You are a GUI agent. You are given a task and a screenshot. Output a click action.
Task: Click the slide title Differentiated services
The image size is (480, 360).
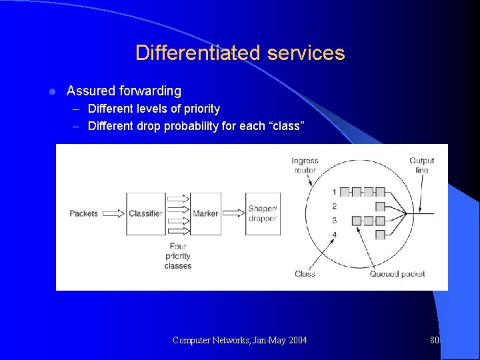coord(240,53)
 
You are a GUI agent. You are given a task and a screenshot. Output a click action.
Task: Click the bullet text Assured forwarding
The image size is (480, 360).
coord(124,91)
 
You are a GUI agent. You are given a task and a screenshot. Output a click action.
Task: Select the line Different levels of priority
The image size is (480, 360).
coord(153,109)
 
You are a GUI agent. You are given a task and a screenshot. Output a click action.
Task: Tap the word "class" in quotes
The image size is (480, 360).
coord(287,126)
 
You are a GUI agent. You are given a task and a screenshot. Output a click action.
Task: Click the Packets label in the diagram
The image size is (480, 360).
coord(83,213)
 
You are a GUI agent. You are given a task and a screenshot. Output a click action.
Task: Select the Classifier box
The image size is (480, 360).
coord(145,213)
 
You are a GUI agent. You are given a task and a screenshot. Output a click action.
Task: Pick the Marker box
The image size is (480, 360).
coord(205,213)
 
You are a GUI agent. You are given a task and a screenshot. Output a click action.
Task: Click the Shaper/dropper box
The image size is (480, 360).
coord(262,213)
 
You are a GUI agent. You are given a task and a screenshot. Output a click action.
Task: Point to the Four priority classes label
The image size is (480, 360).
coord(177,256)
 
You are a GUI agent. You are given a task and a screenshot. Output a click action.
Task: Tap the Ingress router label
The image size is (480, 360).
coord(305,165)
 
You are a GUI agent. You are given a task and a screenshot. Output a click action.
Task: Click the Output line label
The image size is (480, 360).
coord(421,165)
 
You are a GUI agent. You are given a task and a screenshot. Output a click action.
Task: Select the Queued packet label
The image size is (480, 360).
coord(397,273)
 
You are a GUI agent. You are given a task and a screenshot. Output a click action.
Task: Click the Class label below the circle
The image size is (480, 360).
coord(305,273)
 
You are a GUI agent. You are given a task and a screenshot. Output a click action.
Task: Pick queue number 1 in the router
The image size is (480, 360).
coord(334,192)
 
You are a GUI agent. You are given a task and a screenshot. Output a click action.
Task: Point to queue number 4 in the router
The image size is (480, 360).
coord(334,235)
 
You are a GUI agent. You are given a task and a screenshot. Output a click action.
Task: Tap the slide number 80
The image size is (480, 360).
coord(435,340)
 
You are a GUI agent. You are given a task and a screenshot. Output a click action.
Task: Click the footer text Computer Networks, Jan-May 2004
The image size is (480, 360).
coord(240,340)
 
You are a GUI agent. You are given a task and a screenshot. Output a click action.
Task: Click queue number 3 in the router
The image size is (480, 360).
coord(334,220)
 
